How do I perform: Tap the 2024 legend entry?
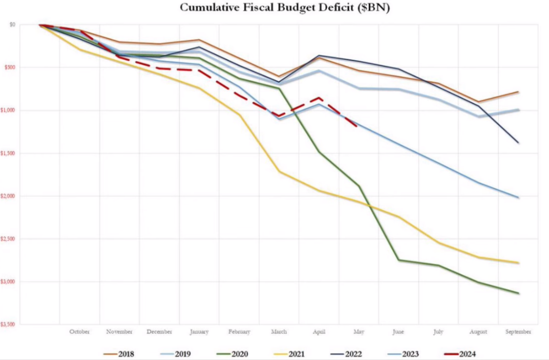pos(466,354)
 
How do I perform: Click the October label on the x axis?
pos(79,332)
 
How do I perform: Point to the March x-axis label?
pos(279,332)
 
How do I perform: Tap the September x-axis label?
pos(518,332)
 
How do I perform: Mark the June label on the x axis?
pos(399,332)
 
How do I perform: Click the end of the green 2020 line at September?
pos(518,293)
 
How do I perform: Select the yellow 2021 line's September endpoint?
pos(518,263)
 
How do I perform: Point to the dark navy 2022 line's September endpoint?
pos(518,142)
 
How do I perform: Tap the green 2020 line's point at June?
pos(399,260)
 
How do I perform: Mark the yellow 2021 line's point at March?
pos(279,171)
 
